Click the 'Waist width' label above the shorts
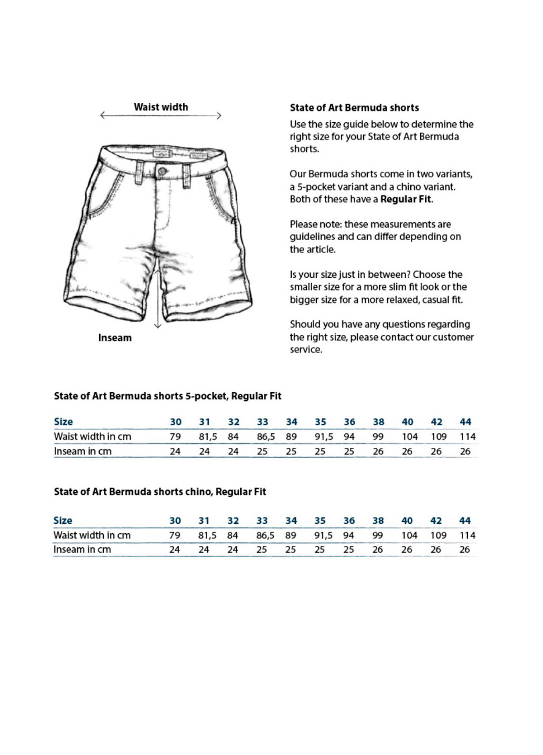click(161, 107)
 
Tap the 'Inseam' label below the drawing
click(115, 338)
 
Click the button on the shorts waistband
click(162, 171)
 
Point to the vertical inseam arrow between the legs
click(157, 294)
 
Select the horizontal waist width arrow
click(161, 116)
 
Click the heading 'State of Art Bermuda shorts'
click(354, 108)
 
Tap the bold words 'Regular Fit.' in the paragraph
click(407, 199)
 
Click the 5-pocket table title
click(167, 396)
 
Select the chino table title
click(159, 492)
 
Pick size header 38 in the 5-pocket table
click(378, 422)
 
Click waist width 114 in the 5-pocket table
click(467, 437)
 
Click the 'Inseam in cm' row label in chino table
click(82, 549)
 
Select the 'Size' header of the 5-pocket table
click(63, 422)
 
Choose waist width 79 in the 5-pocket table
click(175, 437)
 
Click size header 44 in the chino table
click(464, 521)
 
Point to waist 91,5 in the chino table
click(323, 535)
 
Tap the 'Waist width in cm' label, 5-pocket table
click(92, 437)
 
